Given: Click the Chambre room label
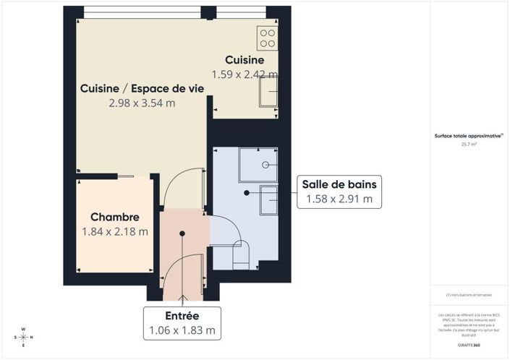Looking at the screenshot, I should (x=114, y=217).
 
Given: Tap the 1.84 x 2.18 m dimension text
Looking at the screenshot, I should (x=115, y=232).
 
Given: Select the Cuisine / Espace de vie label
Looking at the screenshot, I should (x=141, y=88).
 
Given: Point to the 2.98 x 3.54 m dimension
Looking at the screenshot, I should (x=142, y=103).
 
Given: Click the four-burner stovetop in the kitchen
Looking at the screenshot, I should (x=267, y=37).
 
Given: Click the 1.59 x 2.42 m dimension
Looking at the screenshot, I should (x=245, y=74).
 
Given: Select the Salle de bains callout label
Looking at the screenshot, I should (x=338, y=184).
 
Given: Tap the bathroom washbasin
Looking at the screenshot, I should (x=269, y=198).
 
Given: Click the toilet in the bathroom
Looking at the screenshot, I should (x=240, y=253).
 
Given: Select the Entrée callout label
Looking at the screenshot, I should (x=182, y=317).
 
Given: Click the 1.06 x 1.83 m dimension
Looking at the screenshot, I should (x=182, y=331).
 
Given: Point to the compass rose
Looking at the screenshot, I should (x=23, y=337).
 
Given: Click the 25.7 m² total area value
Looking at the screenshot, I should (x=469, y=144).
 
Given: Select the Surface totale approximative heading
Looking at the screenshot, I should (x=469, y=135).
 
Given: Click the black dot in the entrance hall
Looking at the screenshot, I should (x=182, y=233).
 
